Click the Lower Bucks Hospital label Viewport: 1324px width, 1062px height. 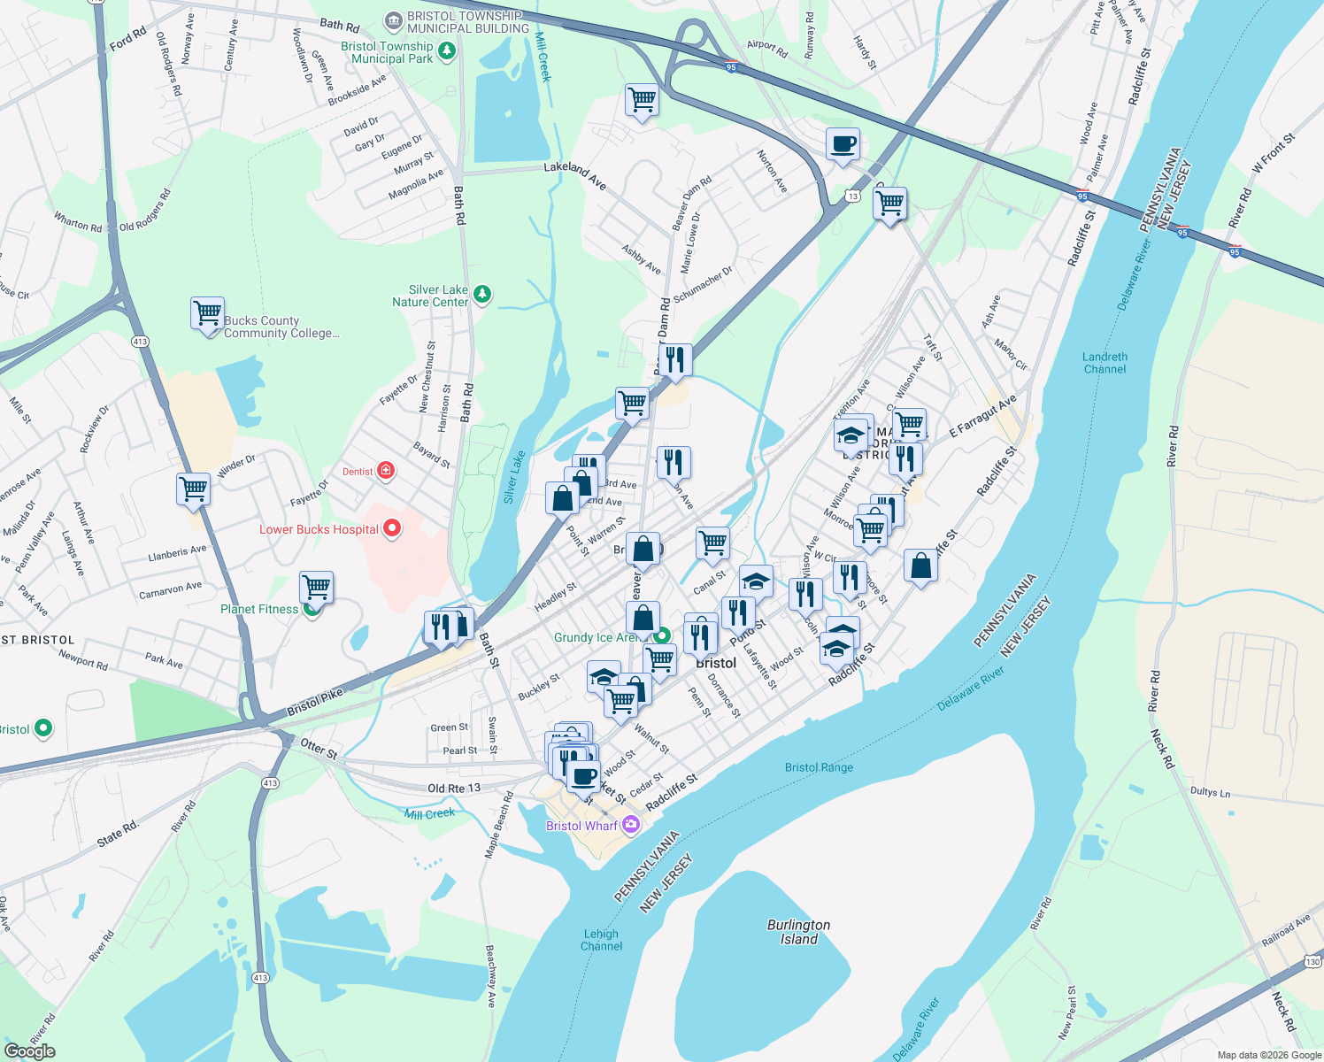point(319,529)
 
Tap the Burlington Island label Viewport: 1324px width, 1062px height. point(798,931)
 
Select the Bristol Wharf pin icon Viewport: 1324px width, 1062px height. point(630,825)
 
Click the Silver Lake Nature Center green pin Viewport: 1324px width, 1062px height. point(482,294)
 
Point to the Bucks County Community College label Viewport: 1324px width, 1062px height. point(281,327)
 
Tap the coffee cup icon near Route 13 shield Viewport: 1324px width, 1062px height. point(843,143)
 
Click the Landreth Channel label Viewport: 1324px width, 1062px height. point(1105,363)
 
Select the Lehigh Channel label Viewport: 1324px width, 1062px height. point(602,940)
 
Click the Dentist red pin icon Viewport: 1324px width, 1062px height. point(386,470)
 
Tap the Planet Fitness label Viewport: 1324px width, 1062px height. point(259,609)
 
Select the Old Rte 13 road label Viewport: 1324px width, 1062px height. point(454,788)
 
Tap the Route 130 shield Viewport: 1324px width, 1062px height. point(1312,961)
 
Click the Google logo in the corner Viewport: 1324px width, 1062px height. point(29,1051)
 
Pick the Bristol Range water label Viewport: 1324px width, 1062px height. point(819,767)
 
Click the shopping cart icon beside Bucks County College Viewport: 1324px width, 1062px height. point(207,313)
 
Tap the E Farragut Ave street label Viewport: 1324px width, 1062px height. point(982,416)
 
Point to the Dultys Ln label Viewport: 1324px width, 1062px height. point(1210,791)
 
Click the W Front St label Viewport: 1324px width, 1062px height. point(1273,152)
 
